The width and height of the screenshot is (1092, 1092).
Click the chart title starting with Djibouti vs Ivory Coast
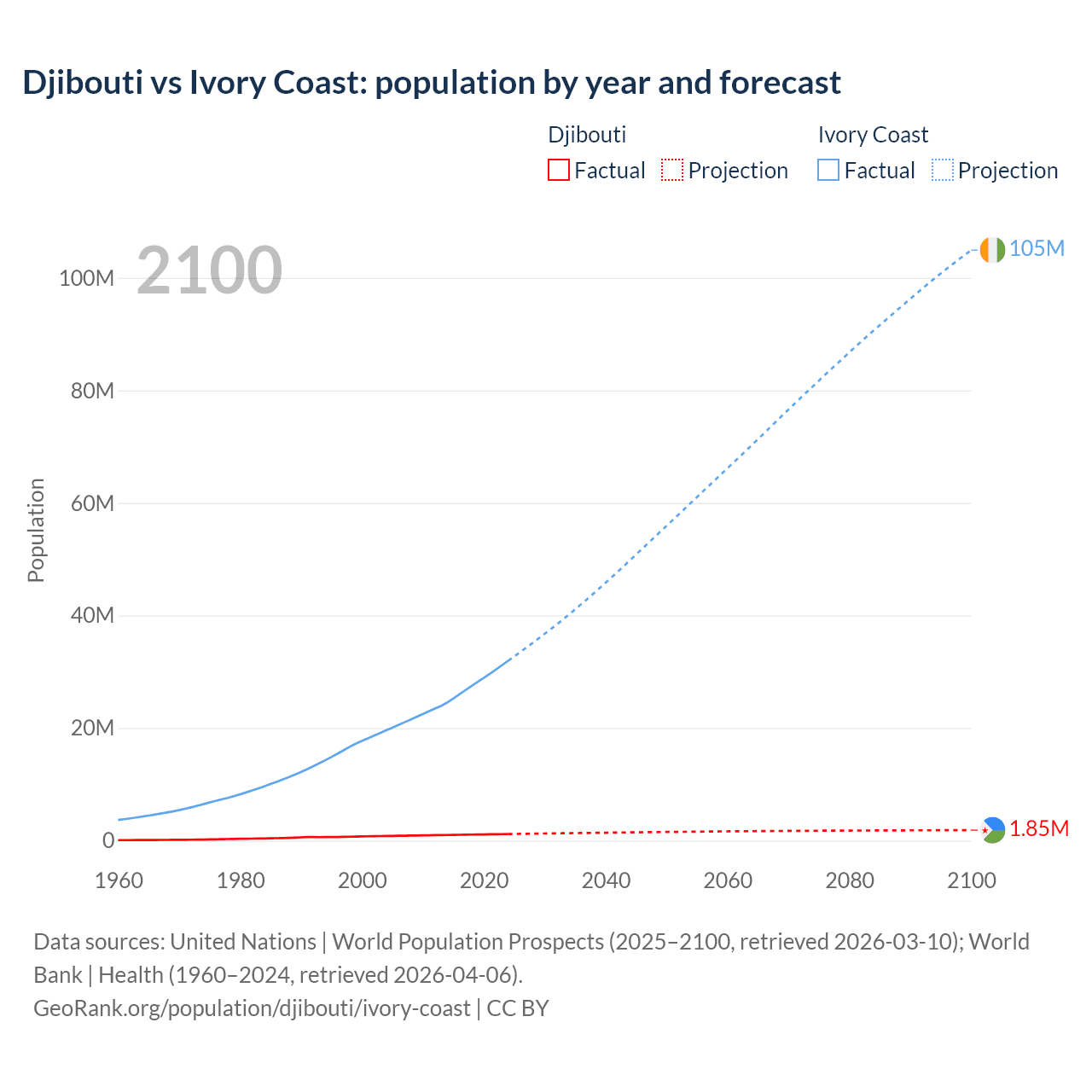pos(432,83)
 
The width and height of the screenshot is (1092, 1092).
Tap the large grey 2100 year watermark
pos(209,270)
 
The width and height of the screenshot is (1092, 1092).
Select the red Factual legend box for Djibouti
pos(558,171)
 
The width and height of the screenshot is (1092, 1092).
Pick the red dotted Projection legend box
pos(672,171)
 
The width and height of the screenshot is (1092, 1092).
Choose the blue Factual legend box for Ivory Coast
pos(828,171)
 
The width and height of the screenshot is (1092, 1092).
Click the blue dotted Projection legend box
pos(943,171)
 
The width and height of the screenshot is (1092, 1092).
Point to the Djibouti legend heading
pos(587,135)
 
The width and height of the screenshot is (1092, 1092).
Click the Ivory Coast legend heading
pos(873,135)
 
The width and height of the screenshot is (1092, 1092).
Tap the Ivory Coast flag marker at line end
pos(992,250)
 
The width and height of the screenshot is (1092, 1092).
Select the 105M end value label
pos(1037,248)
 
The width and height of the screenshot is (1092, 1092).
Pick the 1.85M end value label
pos(1039,829)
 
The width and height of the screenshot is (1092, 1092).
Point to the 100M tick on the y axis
pos(86,279)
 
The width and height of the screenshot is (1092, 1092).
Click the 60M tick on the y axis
pos(92,503)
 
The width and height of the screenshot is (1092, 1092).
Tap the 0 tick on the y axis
pos(108,841)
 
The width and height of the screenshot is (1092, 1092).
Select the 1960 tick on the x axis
pos(119,880)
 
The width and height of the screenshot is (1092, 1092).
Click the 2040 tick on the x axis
pos(606,880)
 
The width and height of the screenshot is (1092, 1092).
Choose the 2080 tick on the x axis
pos(850,880)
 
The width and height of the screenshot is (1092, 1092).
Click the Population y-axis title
pos(36,530)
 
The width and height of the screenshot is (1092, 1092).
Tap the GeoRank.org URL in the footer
pos(252,1008)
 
